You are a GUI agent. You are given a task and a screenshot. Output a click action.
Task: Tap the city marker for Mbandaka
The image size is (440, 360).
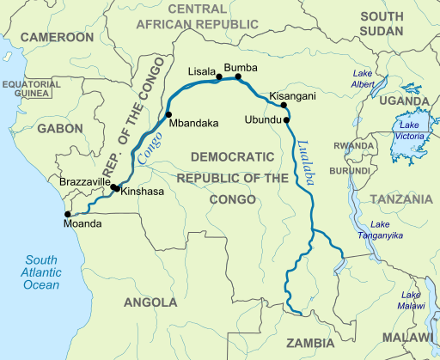coord(168,114)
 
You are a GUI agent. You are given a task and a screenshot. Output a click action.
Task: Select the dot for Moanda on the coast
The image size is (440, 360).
coord(69,215)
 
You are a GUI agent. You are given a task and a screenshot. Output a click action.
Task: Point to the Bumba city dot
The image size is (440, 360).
coord(239,76)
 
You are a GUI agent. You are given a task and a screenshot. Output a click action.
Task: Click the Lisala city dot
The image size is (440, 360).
coord(219,77)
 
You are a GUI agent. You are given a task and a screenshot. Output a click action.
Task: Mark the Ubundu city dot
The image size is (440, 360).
coord(286,120)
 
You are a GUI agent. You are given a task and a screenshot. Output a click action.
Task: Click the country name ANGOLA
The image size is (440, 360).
coord(151,302)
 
